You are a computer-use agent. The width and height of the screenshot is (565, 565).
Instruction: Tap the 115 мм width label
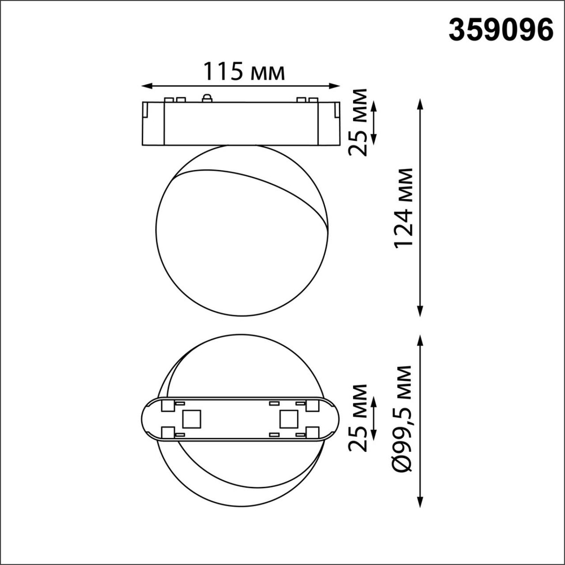[244, 72]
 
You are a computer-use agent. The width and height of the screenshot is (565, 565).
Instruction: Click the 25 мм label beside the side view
[357, 122]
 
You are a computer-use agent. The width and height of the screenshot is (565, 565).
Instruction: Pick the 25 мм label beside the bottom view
[357, 418]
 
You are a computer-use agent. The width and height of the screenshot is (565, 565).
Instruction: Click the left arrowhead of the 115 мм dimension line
[145, 86]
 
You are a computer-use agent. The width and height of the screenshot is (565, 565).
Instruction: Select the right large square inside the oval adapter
[288, 419]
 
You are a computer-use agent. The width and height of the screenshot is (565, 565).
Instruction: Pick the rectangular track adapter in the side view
[241, 123]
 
